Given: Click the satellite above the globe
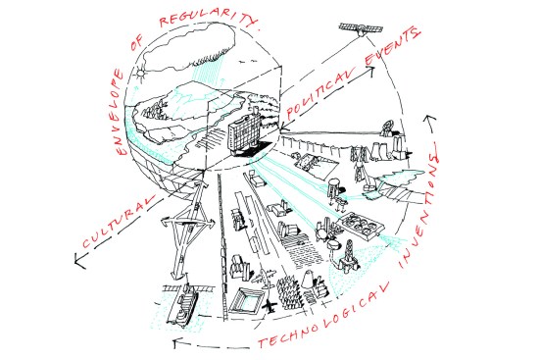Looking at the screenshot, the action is pos(361,29).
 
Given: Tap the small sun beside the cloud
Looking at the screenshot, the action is pos(140,73).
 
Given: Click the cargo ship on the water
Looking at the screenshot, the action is pos(183,303).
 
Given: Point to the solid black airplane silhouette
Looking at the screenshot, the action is pos(270,305).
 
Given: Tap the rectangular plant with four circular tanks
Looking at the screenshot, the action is pos(361,226).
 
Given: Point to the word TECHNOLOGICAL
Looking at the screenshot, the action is pos(323,316).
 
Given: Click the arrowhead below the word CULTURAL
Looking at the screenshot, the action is pos(80,260).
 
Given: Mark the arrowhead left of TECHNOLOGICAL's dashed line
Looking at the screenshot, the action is pos(177,342).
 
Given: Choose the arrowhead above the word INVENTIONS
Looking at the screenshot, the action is pos(429,120).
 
